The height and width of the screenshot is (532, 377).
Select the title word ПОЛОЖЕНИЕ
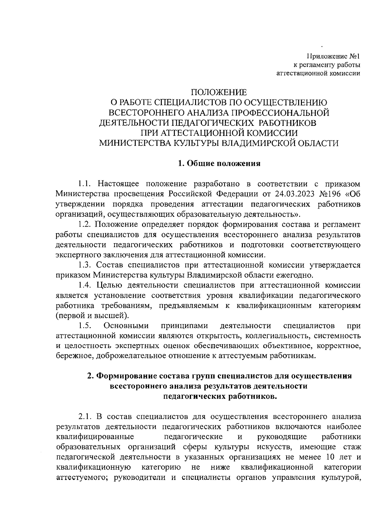coord(219,92)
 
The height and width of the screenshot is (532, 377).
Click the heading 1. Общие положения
coord(219,164)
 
